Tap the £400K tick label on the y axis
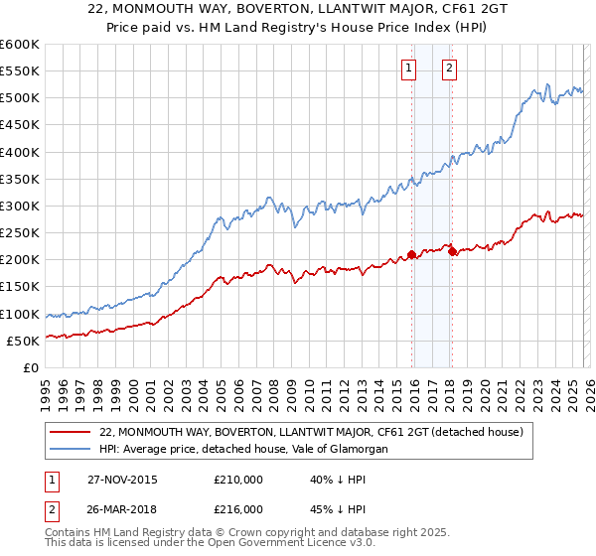point(19,152)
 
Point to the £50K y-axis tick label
point(22,341)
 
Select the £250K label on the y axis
point(19,233)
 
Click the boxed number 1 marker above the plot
point(408,69)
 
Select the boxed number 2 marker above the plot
point(449,69)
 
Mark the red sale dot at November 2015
point(411,254)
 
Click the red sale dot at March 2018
point(452,251)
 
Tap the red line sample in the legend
point(71,432)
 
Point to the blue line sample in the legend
point(71,450)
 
